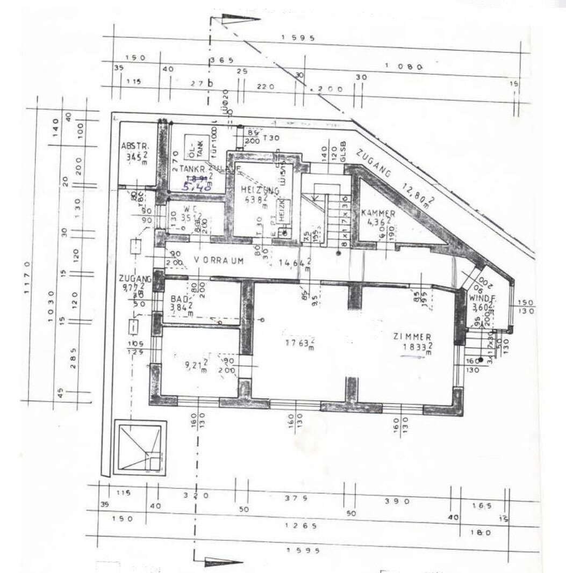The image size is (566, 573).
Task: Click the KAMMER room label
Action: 378,213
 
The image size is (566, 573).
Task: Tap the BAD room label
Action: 178,299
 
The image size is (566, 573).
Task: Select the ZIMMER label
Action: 412,337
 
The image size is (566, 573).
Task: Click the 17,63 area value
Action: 298,343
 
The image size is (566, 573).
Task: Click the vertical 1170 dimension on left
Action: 26,277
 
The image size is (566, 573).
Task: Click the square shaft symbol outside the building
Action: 141,449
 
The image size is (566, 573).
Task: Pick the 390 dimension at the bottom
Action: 398,501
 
